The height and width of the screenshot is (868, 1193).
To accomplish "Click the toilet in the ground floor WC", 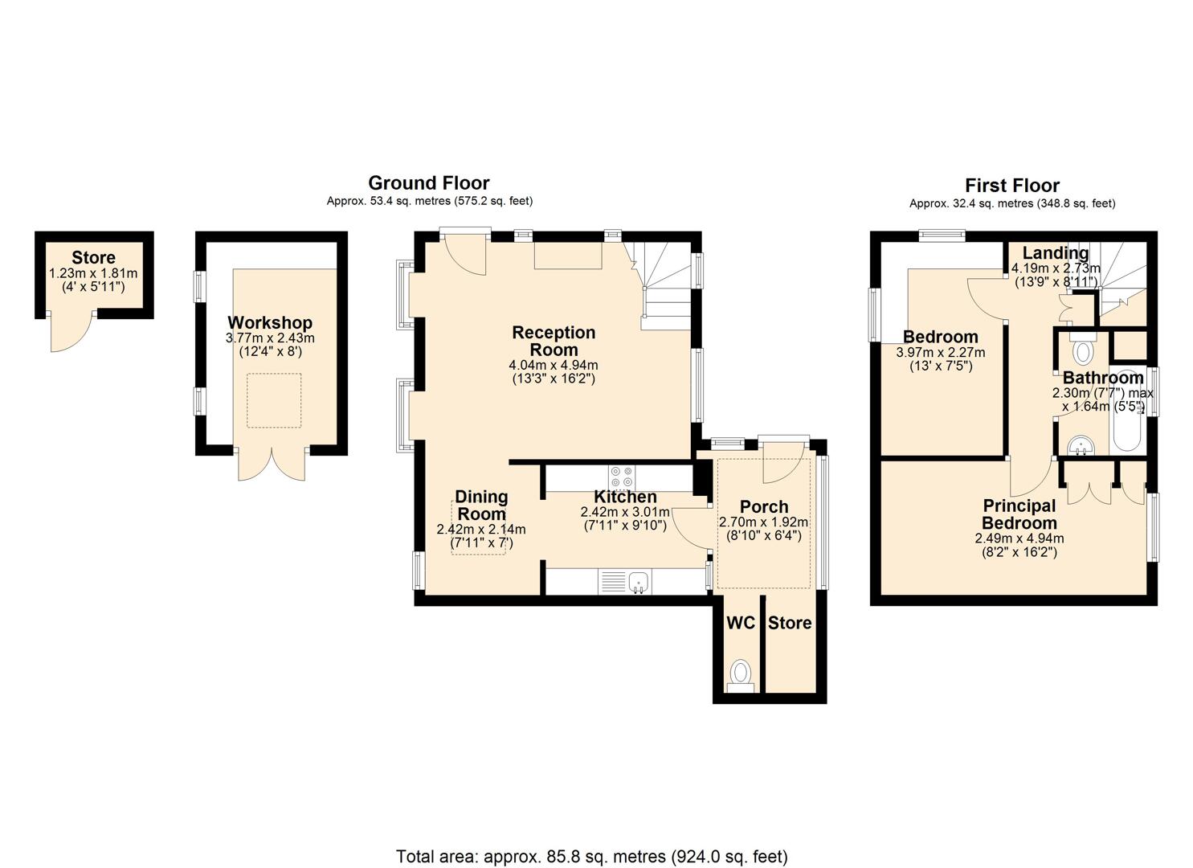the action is [x=741, y=676].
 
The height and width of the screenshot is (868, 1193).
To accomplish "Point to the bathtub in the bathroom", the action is [x=1127, y=410].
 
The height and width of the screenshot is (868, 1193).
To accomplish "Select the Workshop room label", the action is [x=270, y=322].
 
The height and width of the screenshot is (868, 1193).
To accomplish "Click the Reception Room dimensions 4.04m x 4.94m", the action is [x=554, y=366].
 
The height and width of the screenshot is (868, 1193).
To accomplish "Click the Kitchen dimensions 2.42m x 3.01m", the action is [x=625, y=512].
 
